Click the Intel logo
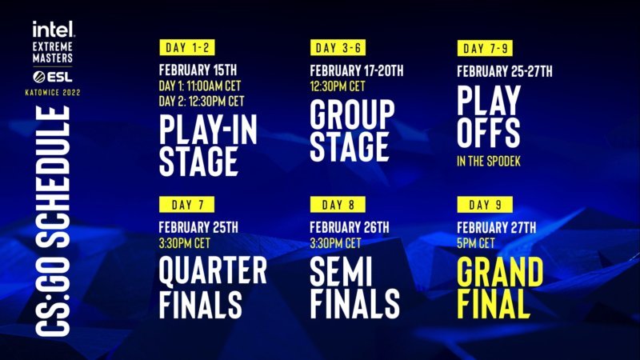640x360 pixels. coord(54,29)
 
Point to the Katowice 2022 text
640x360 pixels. coord(54,92)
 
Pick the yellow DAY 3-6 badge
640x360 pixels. coord(338,47)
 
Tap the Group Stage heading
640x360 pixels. coord(352,131)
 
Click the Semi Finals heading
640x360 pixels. coord(354,287)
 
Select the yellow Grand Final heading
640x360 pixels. coord(500,287)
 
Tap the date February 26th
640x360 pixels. coord(351,226)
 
